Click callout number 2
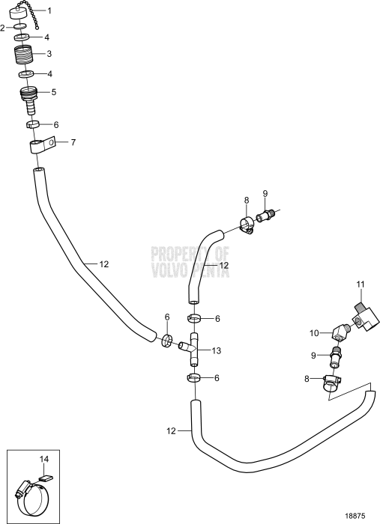click(x=3, y=28)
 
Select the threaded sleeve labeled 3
click(x=24, y=54)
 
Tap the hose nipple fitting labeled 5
click(x=29, y=100)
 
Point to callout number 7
click(x=73, y=142)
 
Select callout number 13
click(x=217, y=350)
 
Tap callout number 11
click(x=360, y=285)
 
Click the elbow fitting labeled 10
click(x=341, y=333)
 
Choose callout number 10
click(x=314, y=333)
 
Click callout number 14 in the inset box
click(x=44, y=459)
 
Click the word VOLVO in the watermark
click(x=171, y=270)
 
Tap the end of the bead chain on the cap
click(x=37, y=28)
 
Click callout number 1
click(x=49, y=11)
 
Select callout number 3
click(x=49, y=54)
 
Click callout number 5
click(x=54, y=92)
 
